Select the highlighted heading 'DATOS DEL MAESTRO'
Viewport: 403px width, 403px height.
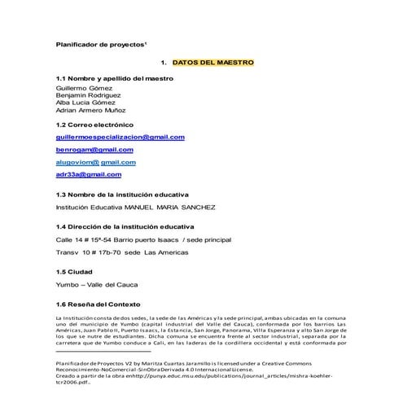click(213, 63)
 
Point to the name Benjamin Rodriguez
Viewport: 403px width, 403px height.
click(88, 95)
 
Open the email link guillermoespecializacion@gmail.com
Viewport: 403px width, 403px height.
click(120, 138)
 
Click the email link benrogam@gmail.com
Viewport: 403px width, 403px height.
click(88, 151)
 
